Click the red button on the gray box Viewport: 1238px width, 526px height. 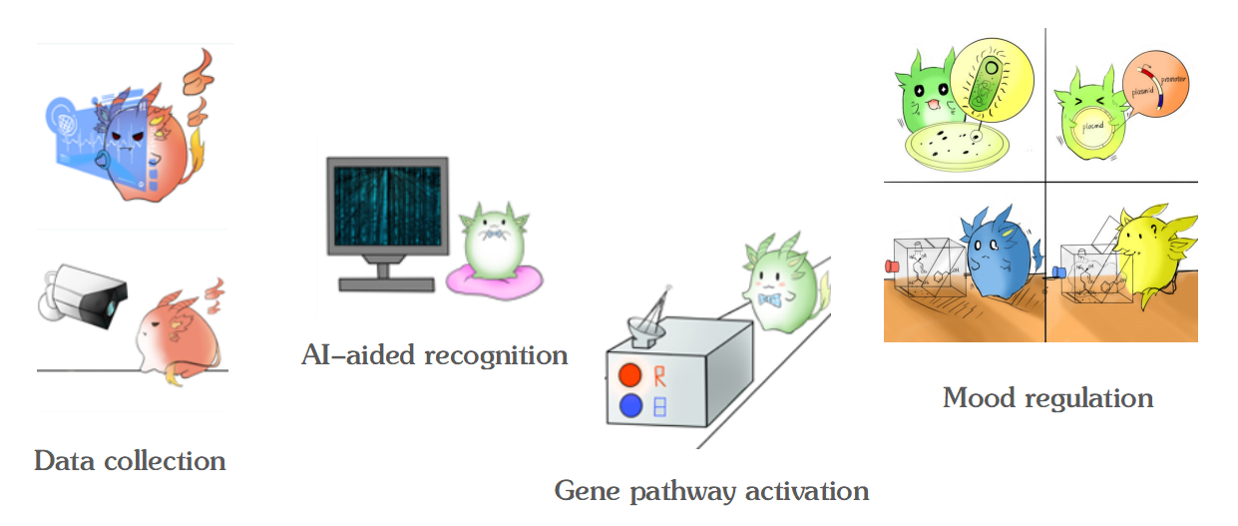tap(629, 375)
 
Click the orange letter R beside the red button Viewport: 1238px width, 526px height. tap(660, 375)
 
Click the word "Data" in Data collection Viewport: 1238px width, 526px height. tap(63, 461)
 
